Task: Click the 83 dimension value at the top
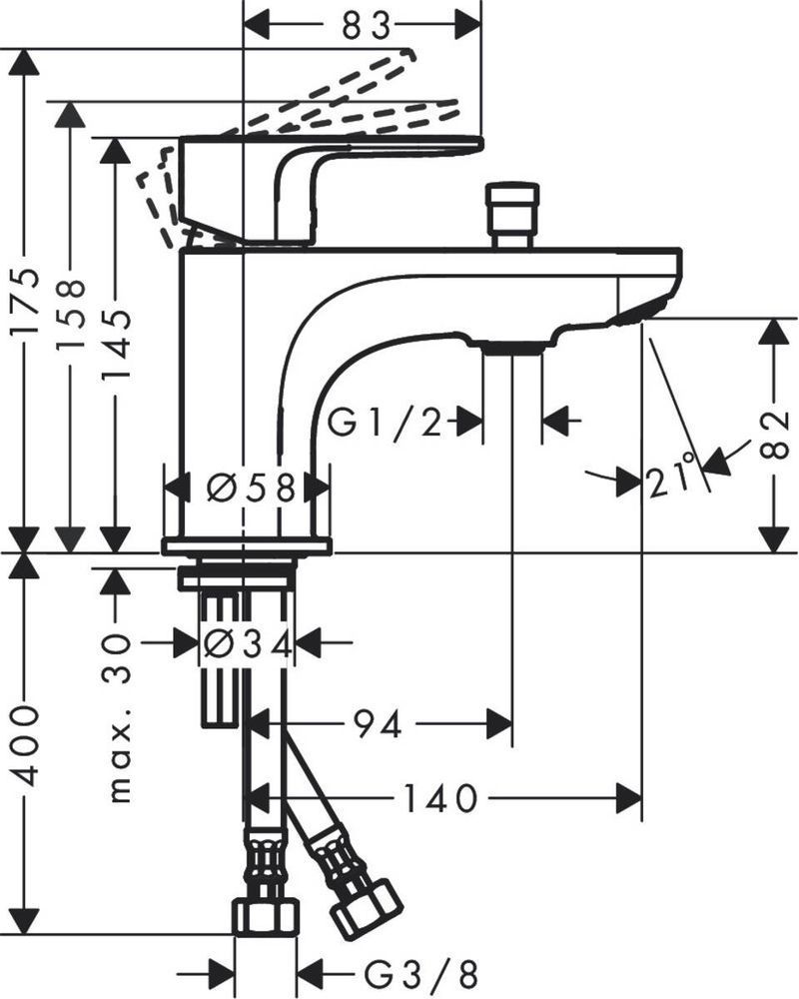[365, 25]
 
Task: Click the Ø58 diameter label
[251, 488]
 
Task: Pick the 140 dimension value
[438, 798]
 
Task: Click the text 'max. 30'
[119, 719]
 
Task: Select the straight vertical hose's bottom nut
[266, 914]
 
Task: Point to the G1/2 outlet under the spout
[511, 346]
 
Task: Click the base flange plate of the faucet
[246, 545]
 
